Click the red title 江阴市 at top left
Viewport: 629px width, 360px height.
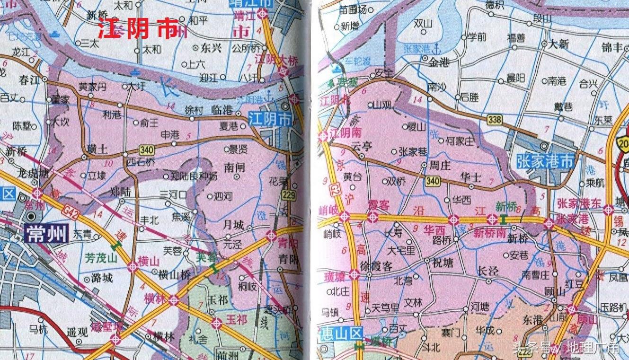pyautogui.click(x=137, y=30)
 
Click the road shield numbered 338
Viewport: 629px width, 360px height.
pyautogui.click(x=495, y=120)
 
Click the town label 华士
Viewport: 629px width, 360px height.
pyautogui.click(x=470, y=177)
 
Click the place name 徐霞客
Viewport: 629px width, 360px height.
pyautogui.click(x=376, y=266)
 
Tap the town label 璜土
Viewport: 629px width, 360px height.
pyautogui.click(x=98, y=149)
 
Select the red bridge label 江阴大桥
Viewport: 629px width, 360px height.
pyautogui.click(x=272, y=60)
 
